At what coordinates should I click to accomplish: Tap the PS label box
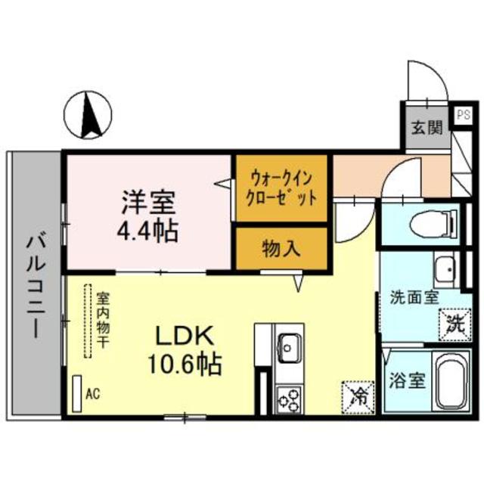click(462, 116)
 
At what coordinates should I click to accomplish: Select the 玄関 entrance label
click(426, 127)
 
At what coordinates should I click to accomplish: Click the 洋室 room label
click(148, 202)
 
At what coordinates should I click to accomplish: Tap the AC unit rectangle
click(76, 393)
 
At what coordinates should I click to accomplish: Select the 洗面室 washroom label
click(414, 296)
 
